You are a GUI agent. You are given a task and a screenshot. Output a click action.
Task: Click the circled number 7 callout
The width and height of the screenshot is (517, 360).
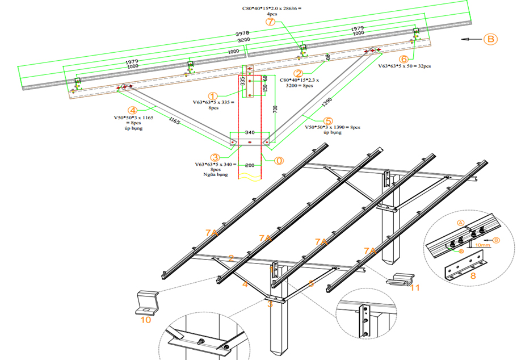[270, 22]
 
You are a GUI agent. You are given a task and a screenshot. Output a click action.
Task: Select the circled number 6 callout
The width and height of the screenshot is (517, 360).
[403, 58]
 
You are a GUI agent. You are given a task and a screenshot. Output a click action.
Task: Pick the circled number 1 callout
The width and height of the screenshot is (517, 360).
[213, 97]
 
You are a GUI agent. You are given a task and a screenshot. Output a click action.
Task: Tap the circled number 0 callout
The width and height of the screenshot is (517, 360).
[279, 160]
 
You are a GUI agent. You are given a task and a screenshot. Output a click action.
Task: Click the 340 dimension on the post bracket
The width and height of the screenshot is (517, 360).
[250, 132]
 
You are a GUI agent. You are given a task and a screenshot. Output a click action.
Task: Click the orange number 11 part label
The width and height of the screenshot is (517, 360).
[415, 288]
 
